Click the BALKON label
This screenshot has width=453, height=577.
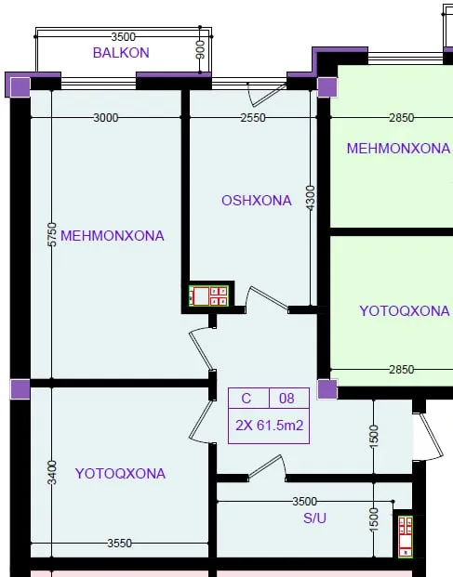coord(121,53)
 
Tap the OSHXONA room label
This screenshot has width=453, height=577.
coord(257,201)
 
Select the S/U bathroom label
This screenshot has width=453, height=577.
coord(314,518)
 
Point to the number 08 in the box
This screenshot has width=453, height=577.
coord(286,399)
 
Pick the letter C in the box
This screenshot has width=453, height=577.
coord(246,399)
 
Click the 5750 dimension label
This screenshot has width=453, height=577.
coord(53,234)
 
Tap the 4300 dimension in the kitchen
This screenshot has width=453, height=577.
coord(311,198)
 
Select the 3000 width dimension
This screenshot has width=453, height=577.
coord(106,118)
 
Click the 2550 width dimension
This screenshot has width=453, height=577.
coord(253,118)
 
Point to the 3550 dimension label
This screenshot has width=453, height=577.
coord(119,544)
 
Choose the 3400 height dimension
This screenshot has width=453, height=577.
coord(53,473)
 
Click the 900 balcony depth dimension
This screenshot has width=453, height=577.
coord(200,49)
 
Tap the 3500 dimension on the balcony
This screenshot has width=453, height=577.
coord(124,37)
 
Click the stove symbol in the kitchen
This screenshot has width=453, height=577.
coord(208,295)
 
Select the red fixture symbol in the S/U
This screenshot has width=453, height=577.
coord(406,536)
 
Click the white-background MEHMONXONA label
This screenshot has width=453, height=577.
coord(113,236)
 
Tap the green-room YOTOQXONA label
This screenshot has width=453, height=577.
coord(405,311)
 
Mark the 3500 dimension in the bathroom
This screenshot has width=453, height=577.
coord(304,501)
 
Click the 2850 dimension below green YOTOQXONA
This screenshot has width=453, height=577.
coord(402,369)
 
